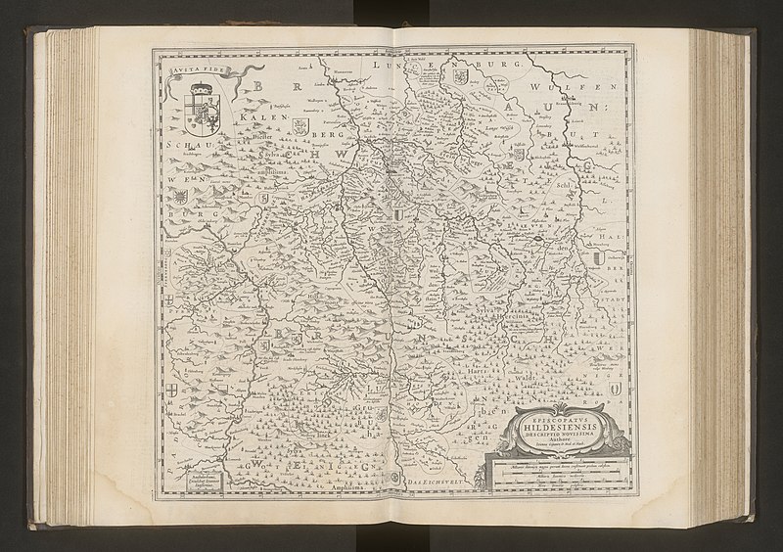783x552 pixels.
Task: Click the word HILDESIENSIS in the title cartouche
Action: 557,428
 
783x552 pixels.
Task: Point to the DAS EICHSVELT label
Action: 436,483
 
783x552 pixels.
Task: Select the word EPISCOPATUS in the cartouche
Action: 557,416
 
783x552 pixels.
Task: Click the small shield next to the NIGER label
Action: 615,391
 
